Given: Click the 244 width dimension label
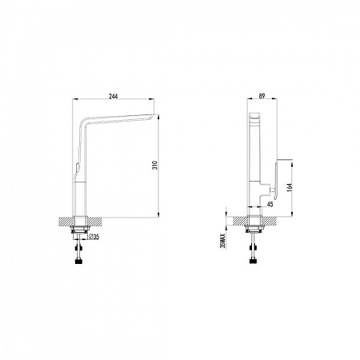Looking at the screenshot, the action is pyautogui.click(x=114, y=96).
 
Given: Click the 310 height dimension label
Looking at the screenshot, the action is pyautogui.click(x=155, y=166).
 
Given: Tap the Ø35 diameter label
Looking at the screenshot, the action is pyautogui.click(x=94, y=237).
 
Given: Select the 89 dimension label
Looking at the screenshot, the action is pyautogui.click(x=262, y=96).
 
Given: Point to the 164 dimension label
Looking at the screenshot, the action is pyautogui.click(x=290, y=186).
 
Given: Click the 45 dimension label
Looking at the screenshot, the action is pyautogui.click(x=270, y=204).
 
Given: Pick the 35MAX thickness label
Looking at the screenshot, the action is pyautogui.click(x=223, y=241).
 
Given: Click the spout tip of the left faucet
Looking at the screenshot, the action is pyautogui.click(x=151, y=116).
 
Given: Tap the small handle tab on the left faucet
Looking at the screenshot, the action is pyautogui.click(x=77, y=168).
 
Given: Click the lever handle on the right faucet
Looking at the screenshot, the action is pyautogui.click(x=276, y=180).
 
